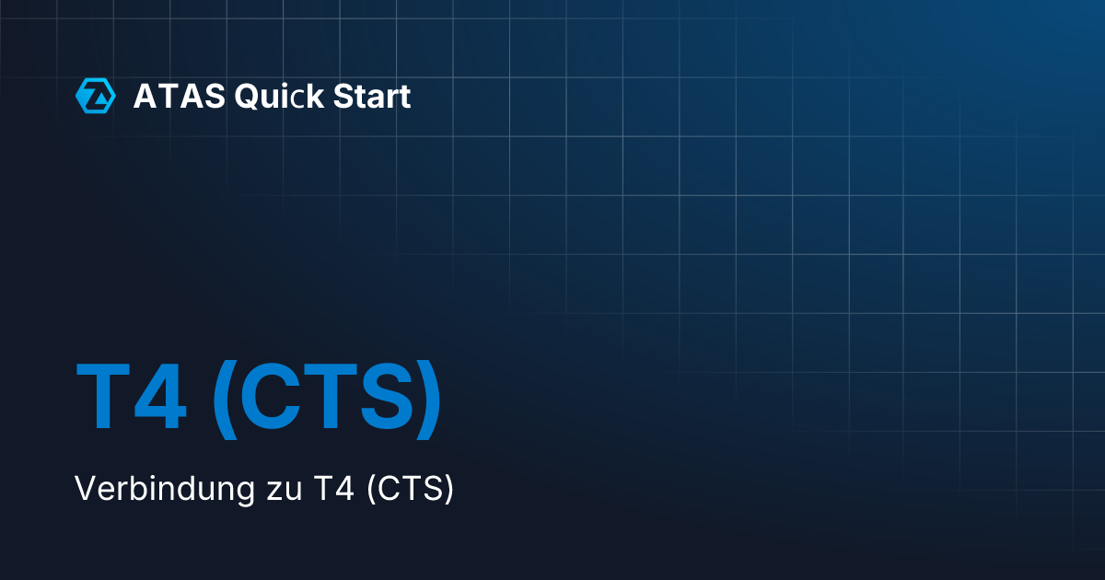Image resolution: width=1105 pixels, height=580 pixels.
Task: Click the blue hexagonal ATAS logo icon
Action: click(95, 96)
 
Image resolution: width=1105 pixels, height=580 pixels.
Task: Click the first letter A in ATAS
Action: click(145, 96)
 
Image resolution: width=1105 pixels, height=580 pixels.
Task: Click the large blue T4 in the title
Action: click(132, 398)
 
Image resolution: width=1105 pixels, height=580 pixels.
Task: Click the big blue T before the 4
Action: click(102, 398)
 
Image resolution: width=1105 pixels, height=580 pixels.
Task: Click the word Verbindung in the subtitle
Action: click(158, 489)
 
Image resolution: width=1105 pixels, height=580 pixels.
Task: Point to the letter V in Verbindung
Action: click(85, 489)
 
